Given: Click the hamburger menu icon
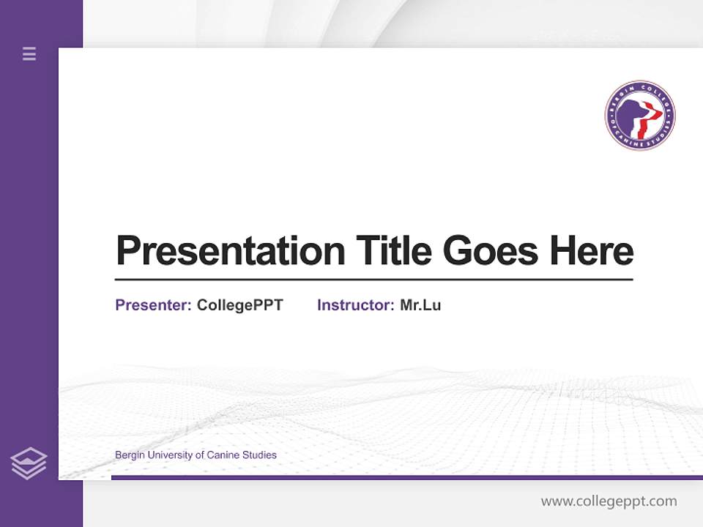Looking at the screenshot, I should pyautogui.click(x=29, y=53).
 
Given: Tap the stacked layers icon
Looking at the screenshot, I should pyautogui.click(x=29, y=463).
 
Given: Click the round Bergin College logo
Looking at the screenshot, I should pyautogui.click(x=640, y=116).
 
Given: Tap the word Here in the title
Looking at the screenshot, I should pyautogui.click(x=591, y=250).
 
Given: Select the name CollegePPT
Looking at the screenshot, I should pyautogui.click(x=239, y=305).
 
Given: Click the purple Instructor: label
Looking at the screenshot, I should pyautogui.click(x=356, y=305).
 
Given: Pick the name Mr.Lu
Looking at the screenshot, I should pyautogui.click(x=420, y=305).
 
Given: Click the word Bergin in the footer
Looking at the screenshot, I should pyautogui.click(x=130, y=455).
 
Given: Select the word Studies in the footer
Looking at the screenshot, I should pyautogui.click(x=260, y=455).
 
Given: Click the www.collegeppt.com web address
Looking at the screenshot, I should pyautogui.click(x=609, y=501).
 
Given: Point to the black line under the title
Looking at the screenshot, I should pyautogui.click(x=373, y=279).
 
